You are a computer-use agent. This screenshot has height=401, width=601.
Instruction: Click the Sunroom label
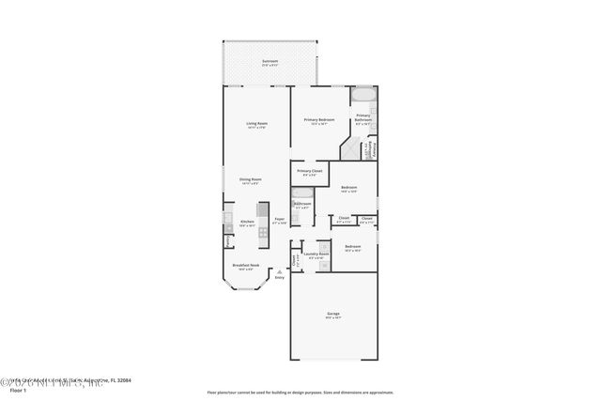(x=269, y=62)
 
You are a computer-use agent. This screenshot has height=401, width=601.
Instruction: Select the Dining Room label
(x=250, y=179)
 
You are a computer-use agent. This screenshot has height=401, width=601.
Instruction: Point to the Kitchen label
(x=247, y=223)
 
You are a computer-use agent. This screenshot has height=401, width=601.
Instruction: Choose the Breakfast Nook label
(x=246, y=266)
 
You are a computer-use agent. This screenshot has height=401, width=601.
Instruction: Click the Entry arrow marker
(x=278, y=272)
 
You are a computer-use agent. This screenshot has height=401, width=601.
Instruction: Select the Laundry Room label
(x=316, y=254)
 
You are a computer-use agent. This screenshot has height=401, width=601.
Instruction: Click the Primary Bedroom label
(x=319, y=121)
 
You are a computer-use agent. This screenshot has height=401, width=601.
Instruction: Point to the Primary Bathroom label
(x=363, y=118)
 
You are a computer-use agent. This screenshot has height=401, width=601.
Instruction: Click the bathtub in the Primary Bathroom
(x=362, y=95)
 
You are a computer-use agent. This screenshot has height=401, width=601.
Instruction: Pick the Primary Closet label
(x=310, y=172)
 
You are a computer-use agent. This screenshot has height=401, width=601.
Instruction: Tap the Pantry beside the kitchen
(x=227, y=240)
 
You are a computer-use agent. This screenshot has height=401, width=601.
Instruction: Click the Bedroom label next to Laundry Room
(x=353, y=249)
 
